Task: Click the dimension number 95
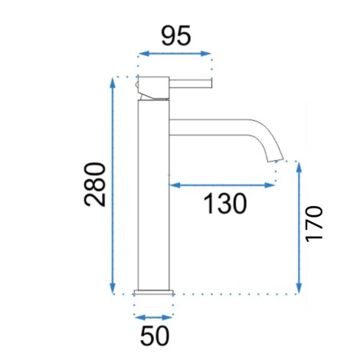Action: point(176,35)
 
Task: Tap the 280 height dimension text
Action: point(95,184)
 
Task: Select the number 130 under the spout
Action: point(225,204)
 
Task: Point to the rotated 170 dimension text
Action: point(314,224)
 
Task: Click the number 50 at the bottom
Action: point(155,335)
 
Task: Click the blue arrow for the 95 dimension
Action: point(175,54)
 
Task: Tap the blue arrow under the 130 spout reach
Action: point(221,185)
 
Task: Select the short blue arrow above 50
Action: point(154,318)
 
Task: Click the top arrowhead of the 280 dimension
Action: point(113,83)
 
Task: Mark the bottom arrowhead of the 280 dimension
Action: point(113,289)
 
